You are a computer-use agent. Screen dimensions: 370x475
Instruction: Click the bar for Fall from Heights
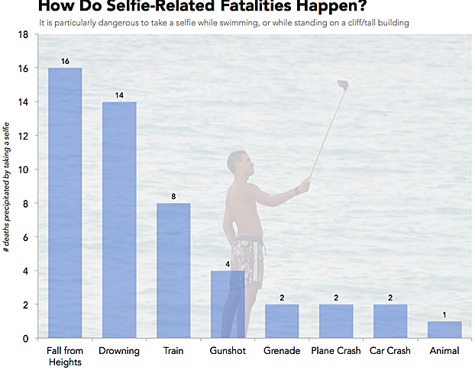(65, 203)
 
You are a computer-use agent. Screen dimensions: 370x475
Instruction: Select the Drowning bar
(119, 220)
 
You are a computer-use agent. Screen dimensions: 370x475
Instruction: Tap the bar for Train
(173, 270)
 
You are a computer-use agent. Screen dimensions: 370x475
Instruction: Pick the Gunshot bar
(228, 304)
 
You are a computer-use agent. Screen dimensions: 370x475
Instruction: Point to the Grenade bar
(282, 321)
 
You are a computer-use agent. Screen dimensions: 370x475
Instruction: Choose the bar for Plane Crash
(336, 321)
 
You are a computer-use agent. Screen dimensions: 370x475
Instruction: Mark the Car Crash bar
(390, 321)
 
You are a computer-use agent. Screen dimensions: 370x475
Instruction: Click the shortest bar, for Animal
(444, 330)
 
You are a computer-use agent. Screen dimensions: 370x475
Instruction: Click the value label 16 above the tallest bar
(65, 60)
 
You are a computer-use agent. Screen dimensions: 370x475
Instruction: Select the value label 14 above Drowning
(119, 95)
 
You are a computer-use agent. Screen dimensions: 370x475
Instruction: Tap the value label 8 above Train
(173, 196)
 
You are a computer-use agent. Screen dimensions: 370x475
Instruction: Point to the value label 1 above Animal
(444, 314)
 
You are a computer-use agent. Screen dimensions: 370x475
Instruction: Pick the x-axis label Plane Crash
(336, 351)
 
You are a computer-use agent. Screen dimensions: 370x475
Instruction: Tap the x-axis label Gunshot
(228, 351)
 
